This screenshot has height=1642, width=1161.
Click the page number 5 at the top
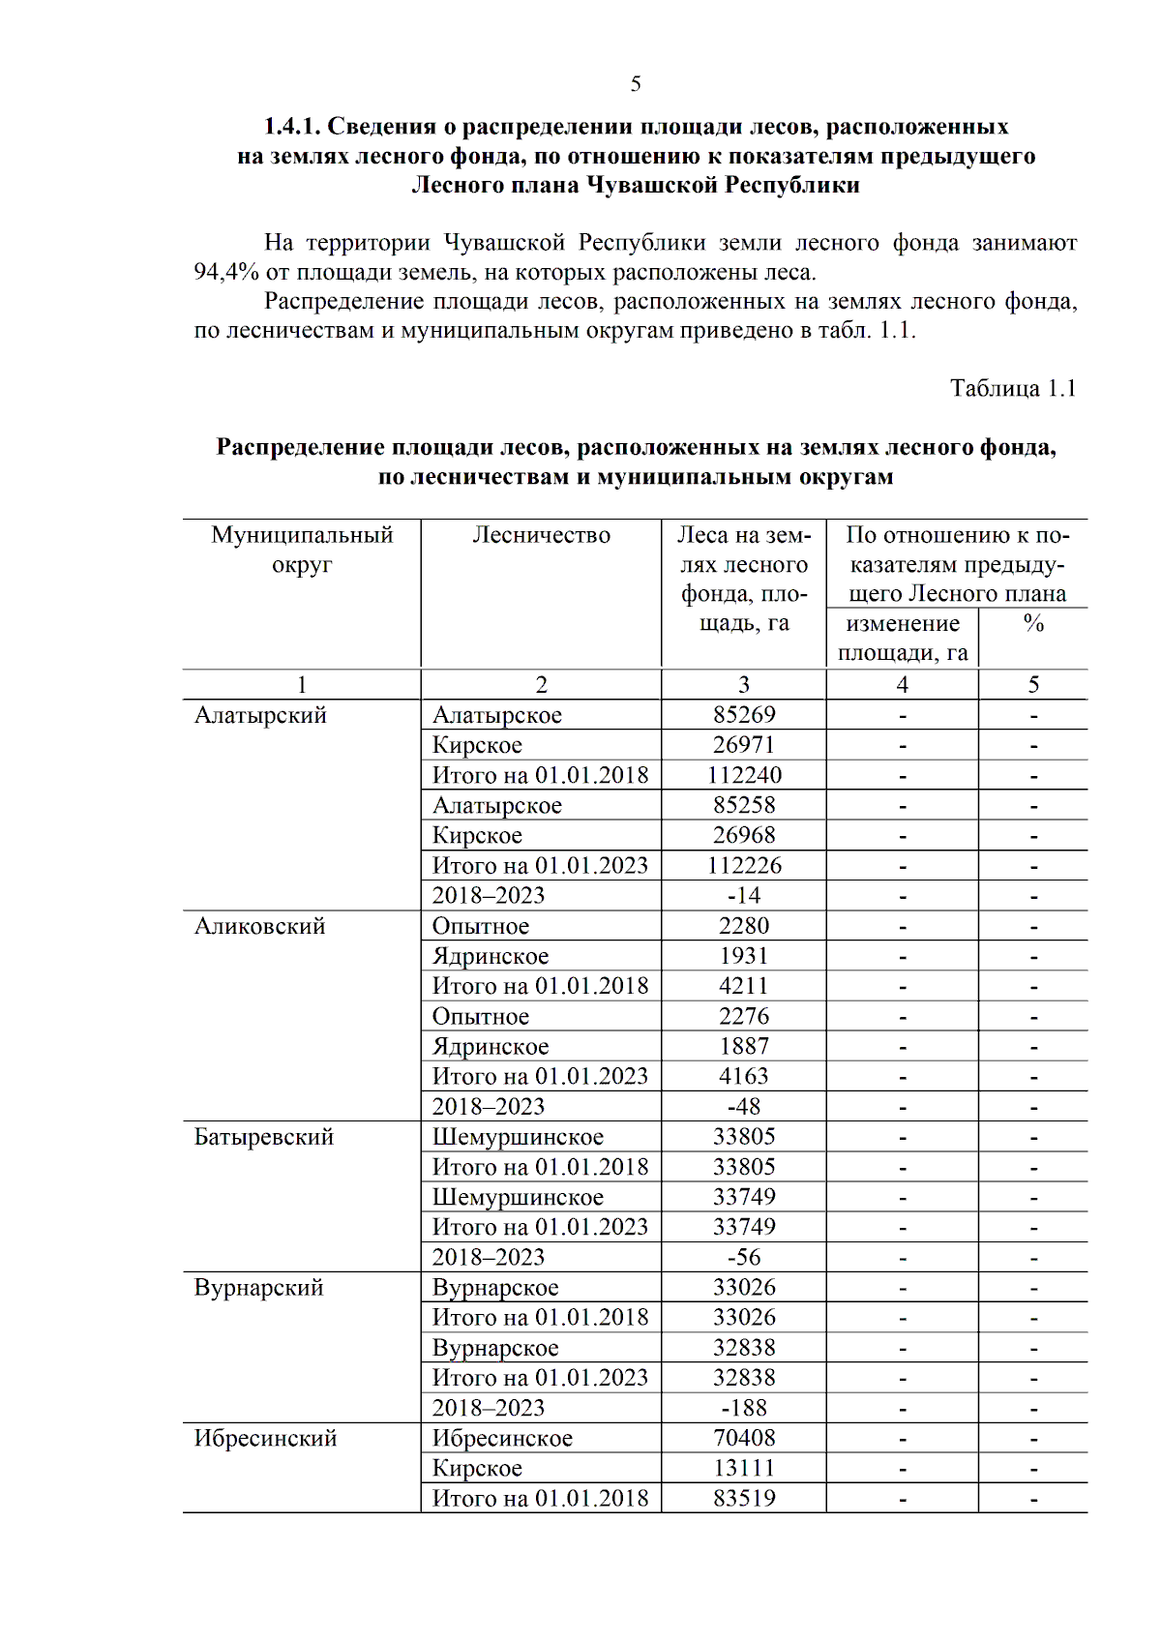[x=636, y=84]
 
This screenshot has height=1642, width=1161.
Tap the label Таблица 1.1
[x=1012, y=388]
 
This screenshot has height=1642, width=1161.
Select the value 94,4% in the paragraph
[x=225, y=272]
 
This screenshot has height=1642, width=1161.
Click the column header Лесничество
[x=541, y=535]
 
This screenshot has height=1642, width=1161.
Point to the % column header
[x=1032, y=624]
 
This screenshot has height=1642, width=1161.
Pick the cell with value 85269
[x=743, y=715]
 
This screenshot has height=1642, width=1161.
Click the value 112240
[x=743, y=775]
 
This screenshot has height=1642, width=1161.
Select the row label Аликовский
[x=259, y=926]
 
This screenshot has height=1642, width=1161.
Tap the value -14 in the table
[x=743, y=896]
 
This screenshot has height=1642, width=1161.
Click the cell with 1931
[x=743, y=956]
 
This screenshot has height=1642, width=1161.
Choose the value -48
[x=743, y=1106]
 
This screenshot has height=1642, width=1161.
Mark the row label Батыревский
[x=263, y=1137]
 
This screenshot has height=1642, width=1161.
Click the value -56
[x=743, y=1257]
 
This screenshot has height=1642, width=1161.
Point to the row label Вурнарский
[x=258, y=1288]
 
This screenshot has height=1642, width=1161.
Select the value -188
[x=743, y=1408]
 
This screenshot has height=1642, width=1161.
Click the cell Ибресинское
[x=501, y=1438]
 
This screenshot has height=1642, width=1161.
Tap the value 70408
[x=743, y=1438]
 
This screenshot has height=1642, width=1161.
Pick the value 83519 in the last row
[x=743, y=1498]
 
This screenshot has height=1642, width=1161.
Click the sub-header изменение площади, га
[x=902, y=638]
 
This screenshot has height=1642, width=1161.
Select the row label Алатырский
[x=260, y=715]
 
